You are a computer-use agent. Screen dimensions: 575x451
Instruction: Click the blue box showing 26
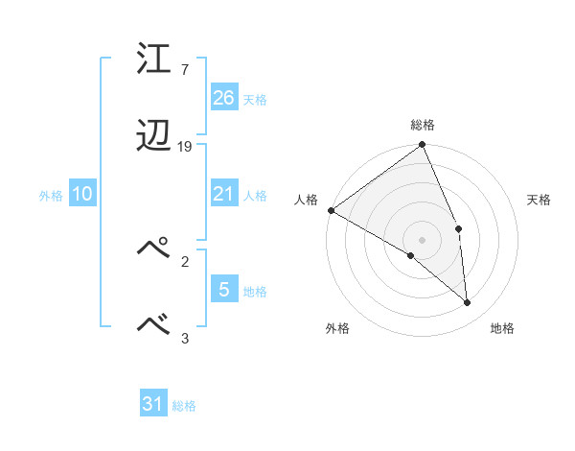point(224,98)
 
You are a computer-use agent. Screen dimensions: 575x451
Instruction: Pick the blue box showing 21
point(224,194)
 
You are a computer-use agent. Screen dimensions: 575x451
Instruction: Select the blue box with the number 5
point(224,290)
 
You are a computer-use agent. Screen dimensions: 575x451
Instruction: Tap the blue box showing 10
point(82,194)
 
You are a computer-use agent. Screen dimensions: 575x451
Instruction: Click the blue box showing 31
point(153,404)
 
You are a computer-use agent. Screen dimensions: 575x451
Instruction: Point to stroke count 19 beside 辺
point(185,147)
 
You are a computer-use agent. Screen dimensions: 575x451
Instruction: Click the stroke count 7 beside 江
point(184,70)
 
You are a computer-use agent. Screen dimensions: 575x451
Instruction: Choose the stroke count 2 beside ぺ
point(184,260)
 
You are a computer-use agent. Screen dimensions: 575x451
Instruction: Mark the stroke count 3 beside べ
point(184,337)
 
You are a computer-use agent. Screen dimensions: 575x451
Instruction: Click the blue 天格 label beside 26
point(255,99)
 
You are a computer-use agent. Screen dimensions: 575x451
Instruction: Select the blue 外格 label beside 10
point(51,195)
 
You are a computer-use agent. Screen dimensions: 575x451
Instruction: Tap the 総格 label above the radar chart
point(423,125)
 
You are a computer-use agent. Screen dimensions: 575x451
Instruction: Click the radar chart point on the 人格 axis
point(331,210)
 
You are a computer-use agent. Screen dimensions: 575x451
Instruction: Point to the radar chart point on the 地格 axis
point(467,302)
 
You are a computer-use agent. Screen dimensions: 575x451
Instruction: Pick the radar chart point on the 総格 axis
point(423,146)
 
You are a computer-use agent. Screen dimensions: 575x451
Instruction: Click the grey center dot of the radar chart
point(423,239)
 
